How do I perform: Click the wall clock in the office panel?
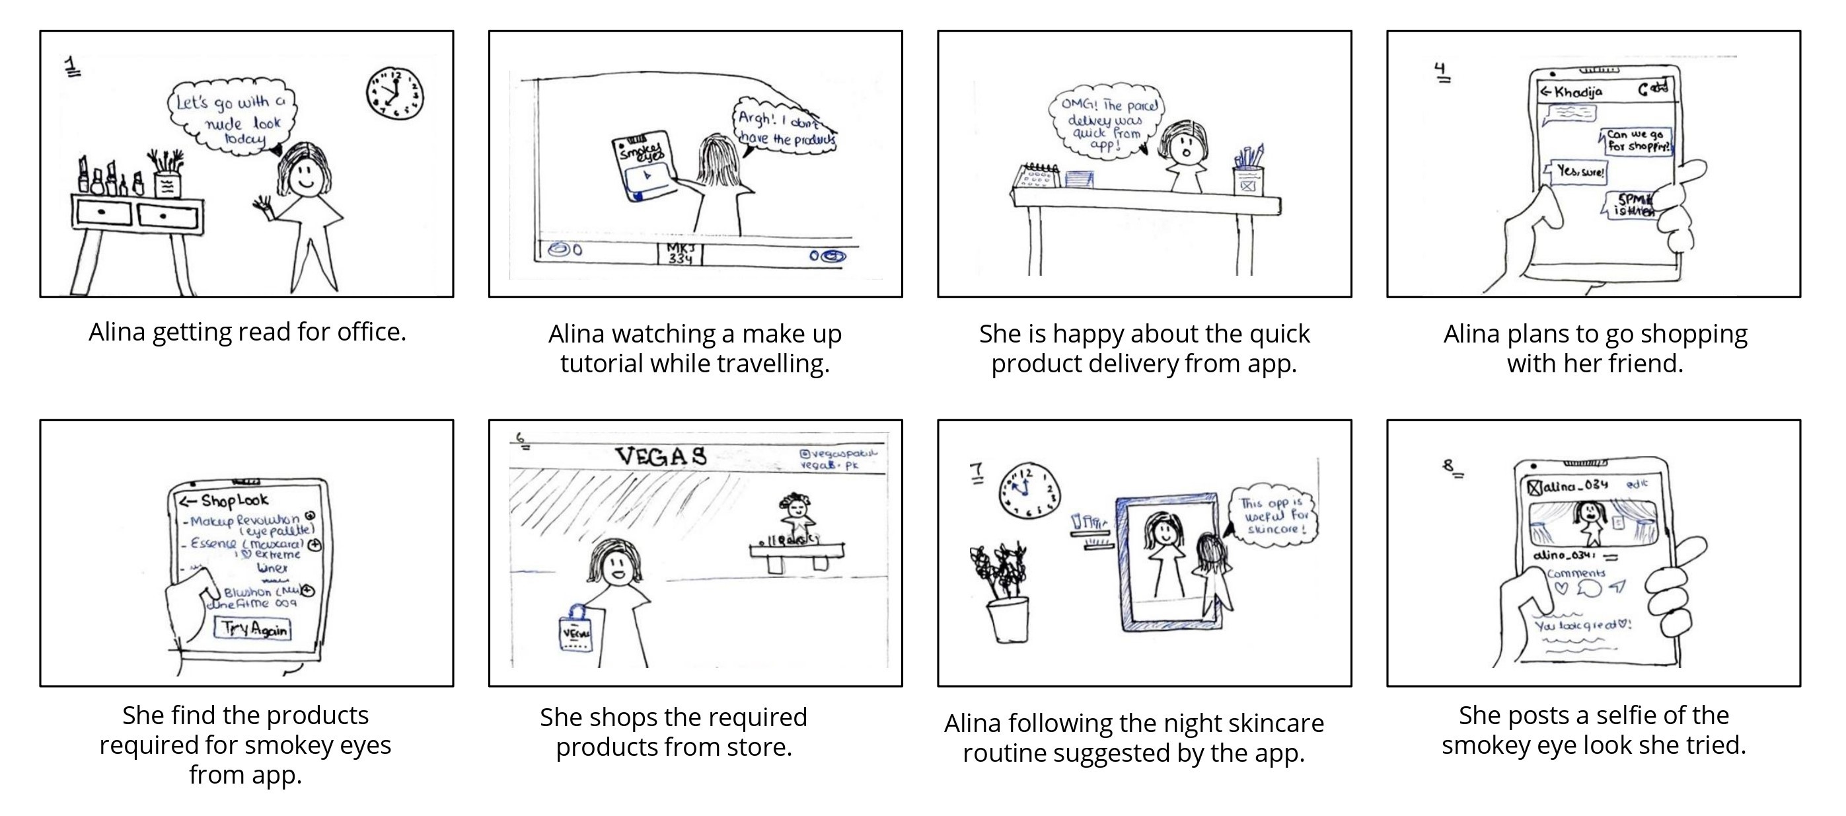tap(395, 94)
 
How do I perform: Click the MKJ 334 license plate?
tap(679, 253)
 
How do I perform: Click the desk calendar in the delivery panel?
tap(1036, 177)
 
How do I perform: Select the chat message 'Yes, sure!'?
tap(1580, 172)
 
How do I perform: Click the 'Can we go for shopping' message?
tap(1637, 141)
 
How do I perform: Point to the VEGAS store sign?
tap(661, 456)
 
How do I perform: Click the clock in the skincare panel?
tap(1029, 491)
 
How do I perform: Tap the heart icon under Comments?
tap(1560, 589)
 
